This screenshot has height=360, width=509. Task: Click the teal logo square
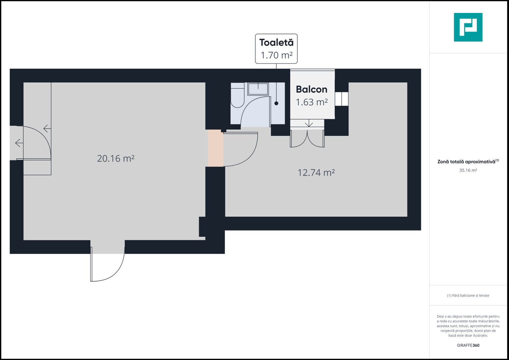(x=468, y=27)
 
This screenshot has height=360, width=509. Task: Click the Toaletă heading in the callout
(x=276, y=43)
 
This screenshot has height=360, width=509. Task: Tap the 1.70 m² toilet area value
(x=276, y=55)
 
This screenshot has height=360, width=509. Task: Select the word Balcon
(x=312, y=89)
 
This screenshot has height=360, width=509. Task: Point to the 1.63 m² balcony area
(x=312, y=102)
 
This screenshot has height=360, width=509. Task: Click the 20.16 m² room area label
(x=116, y=158)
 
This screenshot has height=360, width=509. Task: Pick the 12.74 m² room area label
(x=316, y=173)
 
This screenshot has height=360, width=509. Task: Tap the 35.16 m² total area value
(x=468, y=170)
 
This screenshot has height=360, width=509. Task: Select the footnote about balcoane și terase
(x=468, y=295)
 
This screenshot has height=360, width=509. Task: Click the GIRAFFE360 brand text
(x=468, y=345)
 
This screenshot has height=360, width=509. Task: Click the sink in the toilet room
(x=258, y=89)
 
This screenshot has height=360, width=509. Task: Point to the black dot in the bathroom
(x=276, y=103)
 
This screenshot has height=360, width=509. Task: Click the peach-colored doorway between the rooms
(x=216, y=148)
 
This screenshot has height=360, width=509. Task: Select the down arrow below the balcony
(x=309, y=123)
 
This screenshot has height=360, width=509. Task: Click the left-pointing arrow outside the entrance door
(x=19, y=143)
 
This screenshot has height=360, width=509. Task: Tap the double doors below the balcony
(x=307, y=139)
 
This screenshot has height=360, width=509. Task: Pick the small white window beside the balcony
(x=342, y=99)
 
